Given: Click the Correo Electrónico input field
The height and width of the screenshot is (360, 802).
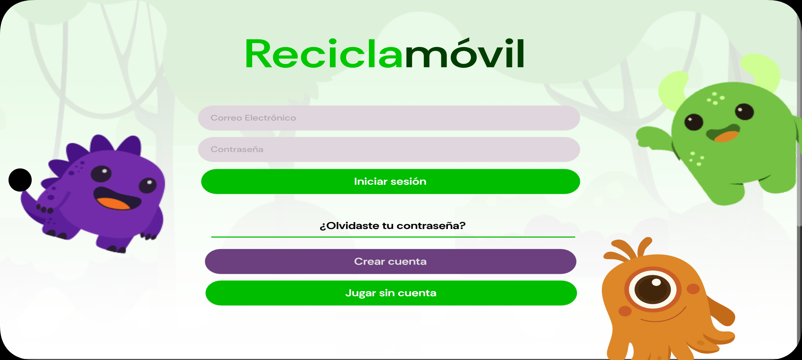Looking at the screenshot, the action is click(389, 118).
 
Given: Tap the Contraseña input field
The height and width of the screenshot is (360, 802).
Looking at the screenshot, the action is click(389, 149).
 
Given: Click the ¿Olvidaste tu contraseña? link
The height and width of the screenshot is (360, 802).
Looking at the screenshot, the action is click(393, 226).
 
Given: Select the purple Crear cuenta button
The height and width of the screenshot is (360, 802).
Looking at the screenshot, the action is click(391, 261).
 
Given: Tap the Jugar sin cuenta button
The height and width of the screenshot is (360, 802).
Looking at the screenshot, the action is click(391, 293).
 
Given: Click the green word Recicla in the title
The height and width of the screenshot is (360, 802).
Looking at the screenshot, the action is click(324, 54).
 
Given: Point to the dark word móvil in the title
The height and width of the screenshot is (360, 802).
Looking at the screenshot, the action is click(465, 53).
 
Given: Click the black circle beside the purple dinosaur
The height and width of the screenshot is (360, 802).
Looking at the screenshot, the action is click(20, 180).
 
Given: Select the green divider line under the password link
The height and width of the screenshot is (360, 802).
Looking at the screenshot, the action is click(393, 237).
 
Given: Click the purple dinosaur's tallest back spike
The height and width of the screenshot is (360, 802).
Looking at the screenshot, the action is click(100, 143).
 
